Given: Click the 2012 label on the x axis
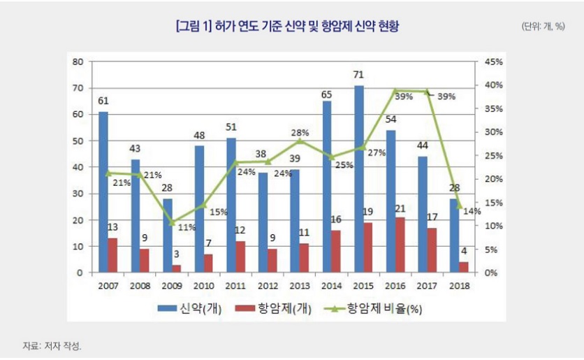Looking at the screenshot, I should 268,285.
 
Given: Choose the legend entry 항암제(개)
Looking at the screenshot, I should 272,308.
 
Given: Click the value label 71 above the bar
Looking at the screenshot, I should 359,74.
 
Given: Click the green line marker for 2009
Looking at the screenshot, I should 172,223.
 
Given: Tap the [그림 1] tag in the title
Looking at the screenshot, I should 197,27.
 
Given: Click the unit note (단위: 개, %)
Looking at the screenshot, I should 543,27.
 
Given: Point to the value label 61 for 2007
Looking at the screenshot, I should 103,101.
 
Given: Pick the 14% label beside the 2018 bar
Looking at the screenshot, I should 472,211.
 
